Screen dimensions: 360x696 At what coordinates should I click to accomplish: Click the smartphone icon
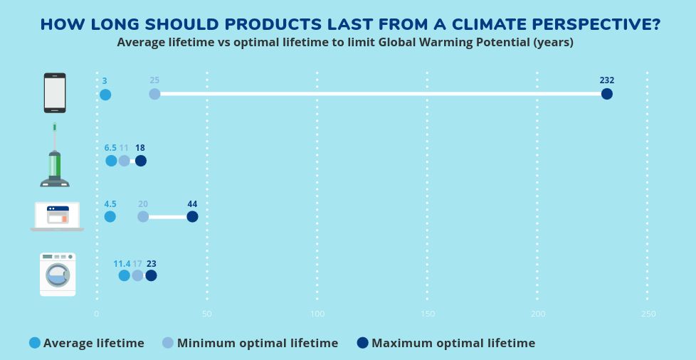point(55,92)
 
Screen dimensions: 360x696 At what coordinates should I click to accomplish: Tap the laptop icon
point(57,216)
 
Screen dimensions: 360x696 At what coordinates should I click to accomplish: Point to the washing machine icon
point(58,274)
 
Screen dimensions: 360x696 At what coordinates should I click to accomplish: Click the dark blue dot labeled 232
point(606,94)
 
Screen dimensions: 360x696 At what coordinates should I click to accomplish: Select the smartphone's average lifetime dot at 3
point(105,95)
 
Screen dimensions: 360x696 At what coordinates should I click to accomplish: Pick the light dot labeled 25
point(154,94)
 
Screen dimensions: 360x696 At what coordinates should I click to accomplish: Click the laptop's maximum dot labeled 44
point(192,216)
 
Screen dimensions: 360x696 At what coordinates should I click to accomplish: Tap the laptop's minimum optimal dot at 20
point(143,216)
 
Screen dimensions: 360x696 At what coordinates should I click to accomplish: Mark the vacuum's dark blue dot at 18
point(140,161)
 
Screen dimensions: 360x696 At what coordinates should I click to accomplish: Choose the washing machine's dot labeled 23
point(151,275)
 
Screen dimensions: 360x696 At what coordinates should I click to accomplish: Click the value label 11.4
point(122,264)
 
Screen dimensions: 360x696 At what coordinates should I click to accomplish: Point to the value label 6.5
point(110,148)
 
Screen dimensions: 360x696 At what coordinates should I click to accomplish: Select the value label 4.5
point(110,204)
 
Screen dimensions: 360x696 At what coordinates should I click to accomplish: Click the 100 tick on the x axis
point(317,314)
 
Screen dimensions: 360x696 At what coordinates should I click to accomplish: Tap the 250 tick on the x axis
point(648,314)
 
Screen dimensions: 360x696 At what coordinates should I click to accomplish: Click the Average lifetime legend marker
point(35,343)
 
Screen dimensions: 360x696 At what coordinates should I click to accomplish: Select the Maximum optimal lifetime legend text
point(453,343)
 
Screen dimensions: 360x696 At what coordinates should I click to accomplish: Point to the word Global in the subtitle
point(399,42)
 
